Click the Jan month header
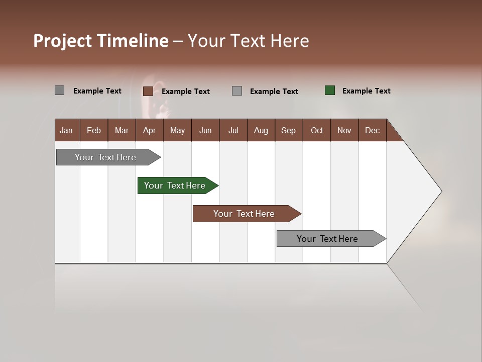(x=67, y=130)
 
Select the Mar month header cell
(x=122, y=130)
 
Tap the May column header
(x=177, y=130)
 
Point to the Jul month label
(x=233, y=130)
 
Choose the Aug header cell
(x=261, y=130)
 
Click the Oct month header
(x=317, y=130)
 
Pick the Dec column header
(x=372, y=130)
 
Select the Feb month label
(x=94, y=130)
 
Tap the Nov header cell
(x=344, y=130)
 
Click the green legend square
(x=330, y=90)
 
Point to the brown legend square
(x=148, y=91)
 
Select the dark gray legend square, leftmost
(x=60, y=90)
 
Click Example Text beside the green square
(x=366, y=91)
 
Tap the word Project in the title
(x=63, y=41)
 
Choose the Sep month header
(x=289, y=130)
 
